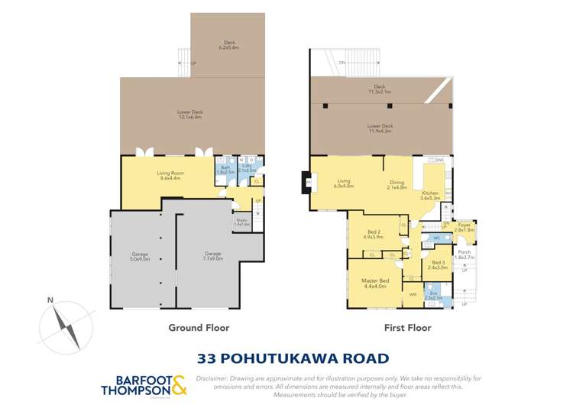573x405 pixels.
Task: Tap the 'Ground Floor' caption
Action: coord(199,328)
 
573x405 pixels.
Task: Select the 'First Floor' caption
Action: coord(406,328)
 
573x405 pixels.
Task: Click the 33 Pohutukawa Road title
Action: coord(293,357)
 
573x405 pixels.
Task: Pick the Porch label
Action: coord(465,255)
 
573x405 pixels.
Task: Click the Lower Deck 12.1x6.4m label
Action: coord(189,115)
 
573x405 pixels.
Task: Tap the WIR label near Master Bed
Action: coord(413,293)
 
